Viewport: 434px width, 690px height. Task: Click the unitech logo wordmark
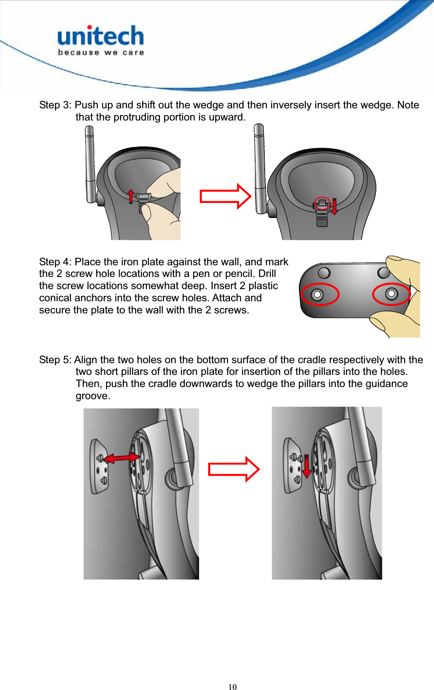point(100,36)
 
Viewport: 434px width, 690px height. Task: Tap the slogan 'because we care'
point(101,53)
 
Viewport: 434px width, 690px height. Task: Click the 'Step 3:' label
point(55,105)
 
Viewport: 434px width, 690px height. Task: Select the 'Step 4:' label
point(55,262)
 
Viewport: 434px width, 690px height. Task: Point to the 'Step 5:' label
point(55,360)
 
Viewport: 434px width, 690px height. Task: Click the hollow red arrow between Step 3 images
point(225,196)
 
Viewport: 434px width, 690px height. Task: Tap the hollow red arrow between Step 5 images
point(234,469)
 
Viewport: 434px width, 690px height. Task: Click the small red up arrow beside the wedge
point(131,196)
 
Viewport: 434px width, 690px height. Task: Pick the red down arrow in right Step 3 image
point(334,206)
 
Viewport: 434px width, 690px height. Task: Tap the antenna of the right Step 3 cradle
point(260,167)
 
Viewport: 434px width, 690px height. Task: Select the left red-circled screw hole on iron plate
point(318,295)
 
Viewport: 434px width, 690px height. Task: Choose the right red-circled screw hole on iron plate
point(391,294)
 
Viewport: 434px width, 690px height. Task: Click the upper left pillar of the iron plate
point(324,273)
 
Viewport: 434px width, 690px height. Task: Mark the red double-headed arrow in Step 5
point(122,458)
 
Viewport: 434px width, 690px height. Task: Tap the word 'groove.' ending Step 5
point(93,396)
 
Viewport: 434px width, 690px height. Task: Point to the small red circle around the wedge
point(322,203)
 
